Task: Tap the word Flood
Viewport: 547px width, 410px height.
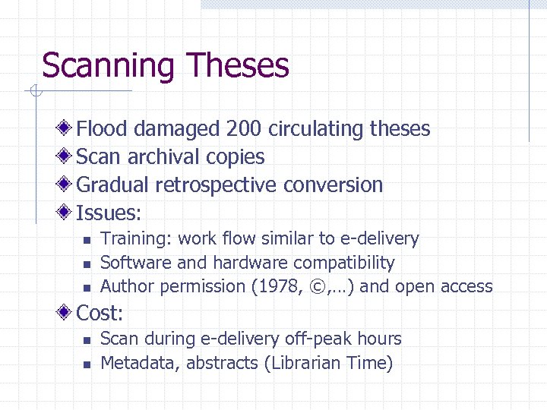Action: coord(104,129)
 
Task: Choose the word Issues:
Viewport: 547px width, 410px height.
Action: coord(109,213)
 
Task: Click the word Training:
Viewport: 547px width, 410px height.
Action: coord(137,238)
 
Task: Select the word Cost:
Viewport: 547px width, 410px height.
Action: coord(101,313)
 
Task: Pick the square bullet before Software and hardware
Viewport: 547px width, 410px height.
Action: coord(87,264)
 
